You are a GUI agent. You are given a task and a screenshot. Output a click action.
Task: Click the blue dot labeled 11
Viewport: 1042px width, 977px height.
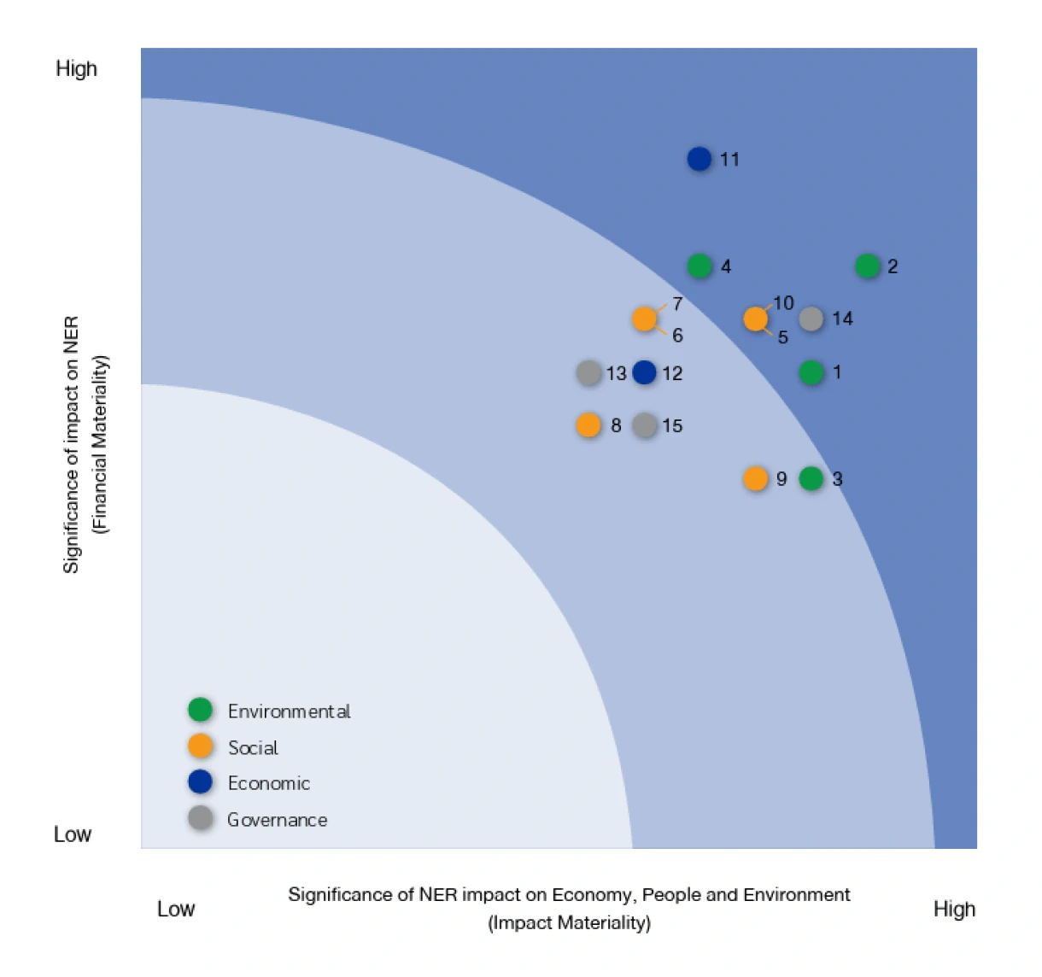pos(700,159)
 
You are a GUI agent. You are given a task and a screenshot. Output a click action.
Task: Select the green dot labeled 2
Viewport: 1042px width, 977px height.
pos(868,266)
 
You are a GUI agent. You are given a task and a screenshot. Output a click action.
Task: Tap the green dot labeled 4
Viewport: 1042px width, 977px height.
pos(700,266)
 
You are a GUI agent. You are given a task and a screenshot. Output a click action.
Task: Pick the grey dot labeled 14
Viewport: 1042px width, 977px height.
pos(811,319)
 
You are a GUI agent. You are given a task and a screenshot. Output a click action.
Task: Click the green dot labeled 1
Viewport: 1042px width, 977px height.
pos(811,372)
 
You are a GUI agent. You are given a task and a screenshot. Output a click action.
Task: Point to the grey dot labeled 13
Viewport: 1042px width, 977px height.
pos(588,373)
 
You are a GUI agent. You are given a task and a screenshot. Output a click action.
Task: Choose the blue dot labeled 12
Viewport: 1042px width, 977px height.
pos(645,372)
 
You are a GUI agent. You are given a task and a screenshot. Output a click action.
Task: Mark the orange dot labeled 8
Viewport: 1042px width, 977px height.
pos(588,425)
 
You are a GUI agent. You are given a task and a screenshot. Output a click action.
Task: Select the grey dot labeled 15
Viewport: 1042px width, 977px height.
pos(645,425)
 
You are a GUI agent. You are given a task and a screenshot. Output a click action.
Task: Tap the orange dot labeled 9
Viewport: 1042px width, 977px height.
pos(756,479)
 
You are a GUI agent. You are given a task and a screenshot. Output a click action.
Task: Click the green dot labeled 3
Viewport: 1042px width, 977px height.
pos(811,479)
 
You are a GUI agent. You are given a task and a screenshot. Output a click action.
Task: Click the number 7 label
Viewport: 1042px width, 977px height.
pos(677,304)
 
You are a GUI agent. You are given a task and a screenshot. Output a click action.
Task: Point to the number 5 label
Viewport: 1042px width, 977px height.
pos(782,337)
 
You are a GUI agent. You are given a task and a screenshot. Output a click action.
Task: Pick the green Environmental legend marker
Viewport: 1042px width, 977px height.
pos(201,710)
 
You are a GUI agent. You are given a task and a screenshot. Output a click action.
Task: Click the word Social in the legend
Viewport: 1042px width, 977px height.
pos(253,748)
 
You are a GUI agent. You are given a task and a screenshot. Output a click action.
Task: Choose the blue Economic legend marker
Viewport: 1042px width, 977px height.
pos(201,781)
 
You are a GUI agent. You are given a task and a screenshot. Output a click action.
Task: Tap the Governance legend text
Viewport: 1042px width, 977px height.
pos(277,820)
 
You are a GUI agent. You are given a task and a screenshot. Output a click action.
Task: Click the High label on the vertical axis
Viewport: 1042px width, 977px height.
pos(76,69)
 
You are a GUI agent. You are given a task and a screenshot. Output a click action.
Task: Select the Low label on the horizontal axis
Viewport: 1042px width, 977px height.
pos(176,909)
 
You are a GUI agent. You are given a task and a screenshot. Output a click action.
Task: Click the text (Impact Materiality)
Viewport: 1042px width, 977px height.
pos(569,923)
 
